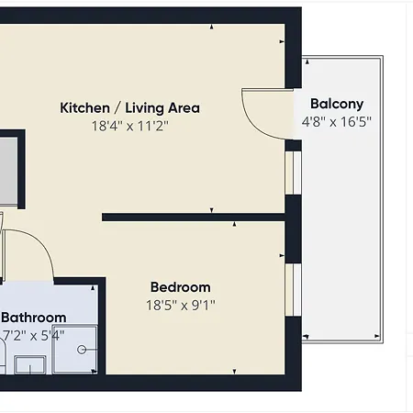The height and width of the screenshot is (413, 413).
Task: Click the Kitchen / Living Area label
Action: [x=129, y=108]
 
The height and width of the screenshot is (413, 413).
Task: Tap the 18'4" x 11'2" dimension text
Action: [x=130, y=126]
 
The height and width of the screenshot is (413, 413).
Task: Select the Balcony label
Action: [x=337, y=105]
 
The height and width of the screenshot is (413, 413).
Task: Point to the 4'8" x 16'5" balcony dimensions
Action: [x=337, y=122]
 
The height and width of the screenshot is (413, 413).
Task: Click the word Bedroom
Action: [x=181, y=287]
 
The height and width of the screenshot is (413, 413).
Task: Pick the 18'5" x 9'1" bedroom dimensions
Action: [x=181, y=306]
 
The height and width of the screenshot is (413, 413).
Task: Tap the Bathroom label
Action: [x=34, y=318]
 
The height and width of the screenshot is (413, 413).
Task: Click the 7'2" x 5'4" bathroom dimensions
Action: [x=33, y=336]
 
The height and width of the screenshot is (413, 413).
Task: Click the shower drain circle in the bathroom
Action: [x=82, y=350]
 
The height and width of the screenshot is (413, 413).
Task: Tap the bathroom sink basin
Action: [x=30, y=364]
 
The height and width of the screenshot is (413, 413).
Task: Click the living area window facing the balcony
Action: [x=294, y=173]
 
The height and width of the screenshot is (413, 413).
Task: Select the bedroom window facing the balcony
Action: [x=294, y=289]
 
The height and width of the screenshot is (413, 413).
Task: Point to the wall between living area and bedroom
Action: [x=194, y=218]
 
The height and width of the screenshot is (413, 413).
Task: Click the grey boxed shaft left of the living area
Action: [x=8, y=170]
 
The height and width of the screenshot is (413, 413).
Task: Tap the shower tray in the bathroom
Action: [x=75, y=350]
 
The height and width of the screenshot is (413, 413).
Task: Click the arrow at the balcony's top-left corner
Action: [x=307, y=62]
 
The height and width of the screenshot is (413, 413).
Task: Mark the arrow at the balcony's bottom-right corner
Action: [x=377, y=336]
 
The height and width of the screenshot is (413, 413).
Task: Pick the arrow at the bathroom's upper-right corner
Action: [x=93, y=288]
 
